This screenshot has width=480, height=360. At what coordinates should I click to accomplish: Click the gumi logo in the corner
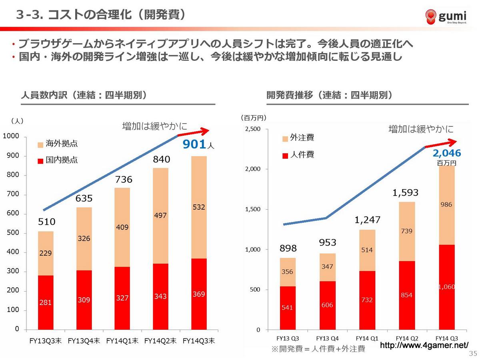(446, 17)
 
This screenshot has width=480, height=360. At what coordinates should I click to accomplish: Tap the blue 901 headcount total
(194, 144)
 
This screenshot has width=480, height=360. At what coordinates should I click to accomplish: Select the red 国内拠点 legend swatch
(40, 161)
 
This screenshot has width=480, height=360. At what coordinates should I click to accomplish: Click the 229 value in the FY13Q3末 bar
(46, 253)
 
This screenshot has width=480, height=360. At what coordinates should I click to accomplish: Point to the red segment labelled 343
(161, 296)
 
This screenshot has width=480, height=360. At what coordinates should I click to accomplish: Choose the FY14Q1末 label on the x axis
(122, 341)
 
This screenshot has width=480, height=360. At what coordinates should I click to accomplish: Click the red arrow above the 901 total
(194, 132)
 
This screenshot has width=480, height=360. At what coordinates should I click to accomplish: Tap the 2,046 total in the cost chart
(447, 153)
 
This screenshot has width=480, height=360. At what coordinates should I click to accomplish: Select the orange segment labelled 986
(447, 205)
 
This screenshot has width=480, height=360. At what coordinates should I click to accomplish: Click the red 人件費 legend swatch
(285, 155)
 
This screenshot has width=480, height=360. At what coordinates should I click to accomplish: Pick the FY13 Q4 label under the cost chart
(327, 338)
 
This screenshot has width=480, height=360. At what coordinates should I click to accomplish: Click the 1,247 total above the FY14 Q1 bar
(367, 220)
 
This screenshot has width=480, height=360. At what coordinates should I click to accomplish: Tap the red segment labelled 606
(327, 305)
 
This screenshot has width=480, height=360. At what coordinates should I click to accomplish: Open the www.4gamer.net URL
(424, 345)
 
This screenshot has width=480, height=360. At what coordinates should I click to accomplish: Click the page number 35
(473, 353)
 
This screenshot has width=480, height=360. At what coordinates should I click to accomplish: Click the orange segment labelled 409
(122, 227)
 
